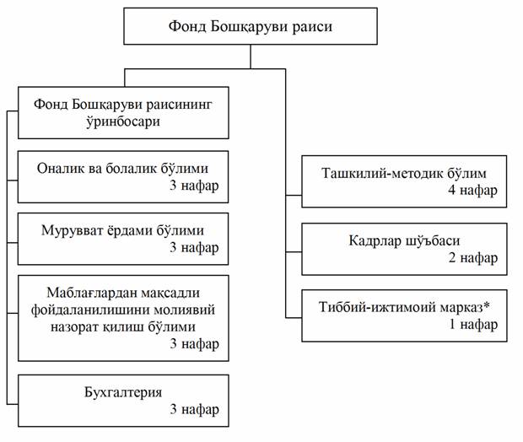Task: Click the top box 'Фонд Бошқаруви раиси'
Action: [251, 26]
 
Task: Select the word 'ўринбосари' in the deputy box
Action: [123, 121]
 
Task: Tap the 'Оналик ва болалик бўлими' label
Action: [122, 168]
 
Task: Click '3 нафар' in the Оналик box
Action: [194, 185]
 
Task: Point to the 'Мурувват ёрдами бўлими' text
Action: [122, 230]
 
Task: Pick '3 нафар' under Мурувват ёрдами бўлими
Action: [194, 247]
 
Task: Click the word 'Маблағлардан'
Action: [92, 293]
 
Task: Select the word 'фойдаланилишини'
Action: [87, 310]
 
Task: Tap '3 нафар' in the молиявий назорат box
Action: [195, 343]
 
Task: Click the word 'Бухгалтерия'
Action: [123, 392]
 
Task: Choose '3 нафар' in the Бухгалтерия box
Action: [195, 409]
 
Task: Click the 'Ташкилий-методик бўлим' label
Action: [404, 173]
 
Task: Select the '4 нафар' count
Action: [472, 190]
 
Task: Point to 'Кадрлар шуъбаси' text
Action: [404, 240]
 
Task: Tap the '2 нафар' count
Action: [472, 257]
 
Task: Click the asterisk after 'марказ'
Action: [487, 305]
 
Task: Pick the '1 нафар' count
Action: [473, 324]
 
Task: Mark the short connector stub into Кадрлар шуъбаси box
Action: [294, 252]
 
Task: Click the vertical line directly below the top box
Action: [251, 57]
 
